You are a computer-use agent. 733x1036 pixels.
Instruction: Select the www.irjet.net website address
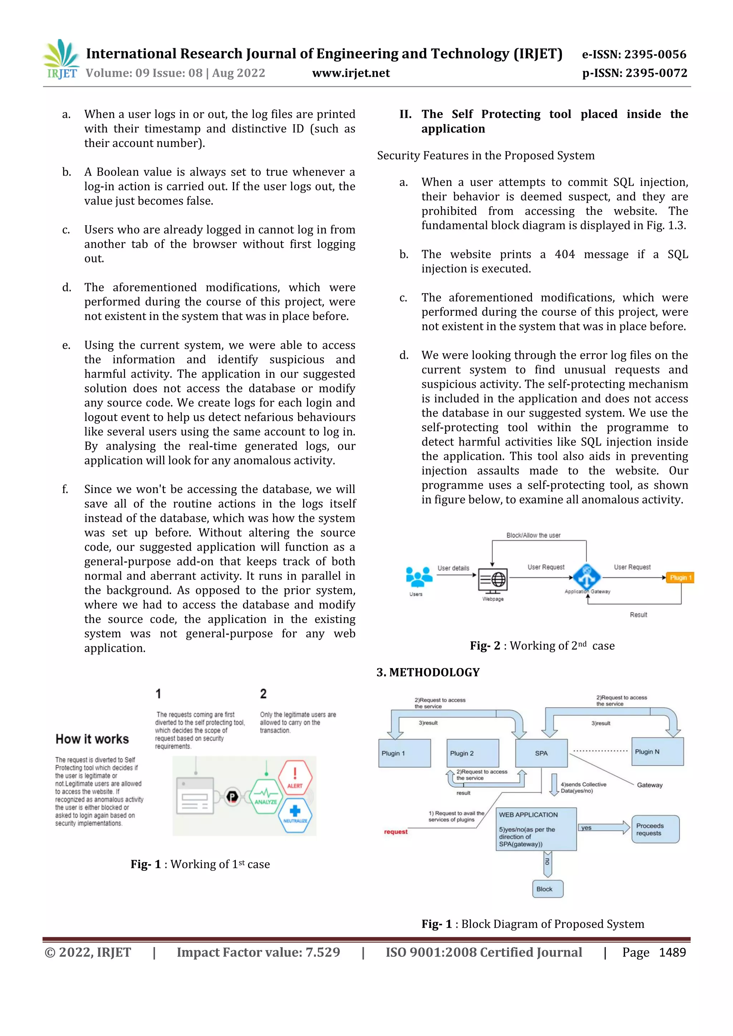[351, 73]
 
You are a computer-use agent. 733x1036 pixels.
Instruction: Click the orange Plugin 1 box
[680, 578]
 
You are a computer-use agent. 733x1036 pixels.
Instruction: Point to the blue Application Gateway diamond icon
[587, 577]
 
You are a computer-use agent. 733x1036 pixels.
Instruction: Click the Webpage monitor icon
[493, 581]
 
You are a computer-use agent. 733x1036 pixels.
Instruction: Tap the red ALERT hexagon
[295, 777]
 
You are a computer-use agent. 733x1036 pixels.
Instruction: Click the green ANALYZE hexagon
[266, 797]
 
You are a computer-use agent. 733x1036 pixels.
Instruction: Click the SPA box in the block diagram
[541, 753]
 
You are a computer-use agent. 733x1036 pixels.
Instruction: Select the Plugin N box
[657, 752]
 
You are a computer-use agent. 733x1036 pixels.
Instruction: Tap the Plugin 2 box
[472, 753]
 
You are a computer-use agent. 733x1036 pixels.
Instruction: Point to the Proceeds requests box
[655, 829]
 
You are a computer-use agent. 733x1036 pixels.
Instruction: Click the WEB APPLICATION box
[536, 829]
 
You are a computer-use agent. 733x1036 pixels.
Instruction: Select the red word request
[395, 831]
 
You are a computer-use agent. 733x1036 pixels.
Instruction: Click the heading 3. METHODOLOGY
[428, 672]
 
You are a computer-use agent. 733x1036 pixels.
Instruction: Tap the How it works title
[92, 739]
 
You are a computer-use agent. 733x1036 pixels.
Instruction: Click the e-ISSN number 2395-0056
[655, 55]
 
